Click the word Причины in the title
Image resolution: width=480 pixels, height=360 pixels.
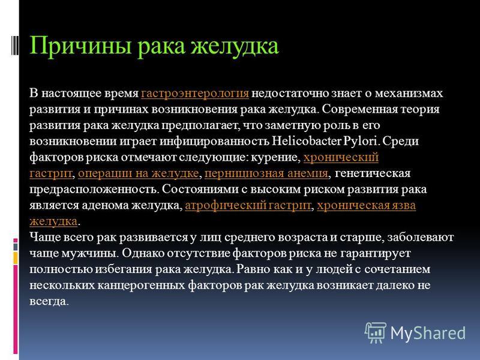[x=80, y=47]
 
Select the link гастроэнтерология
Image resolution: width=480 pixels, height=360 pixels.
[x=194, y=94]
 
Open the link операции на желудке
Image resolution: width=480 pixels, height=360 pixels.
[x=139, y=173]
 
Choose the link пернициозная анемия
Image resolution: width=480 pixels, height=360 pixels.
[x=266, y=173]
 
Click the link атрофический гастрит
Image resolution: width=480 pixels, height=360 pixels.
[x=248, y=205]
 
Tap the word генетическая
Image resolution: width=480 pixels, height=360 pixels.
[x=373, y=173]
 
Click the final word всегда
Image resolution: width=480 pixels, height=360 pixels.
[x=49, y=301]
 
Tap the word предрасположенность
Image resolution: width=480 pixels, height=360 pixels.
[x=94, y=190]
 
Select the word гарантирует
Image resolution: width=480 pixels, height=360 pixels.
[x=376, y=253]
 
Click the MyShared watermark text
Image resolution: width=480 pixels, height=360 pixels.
[x=428, y=333]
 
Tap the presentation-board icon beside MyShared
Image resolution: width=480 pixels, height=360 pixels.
[x=376, y=333]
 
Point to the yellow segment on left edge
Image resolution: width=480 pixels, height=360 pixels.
[x=16, y=257]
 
